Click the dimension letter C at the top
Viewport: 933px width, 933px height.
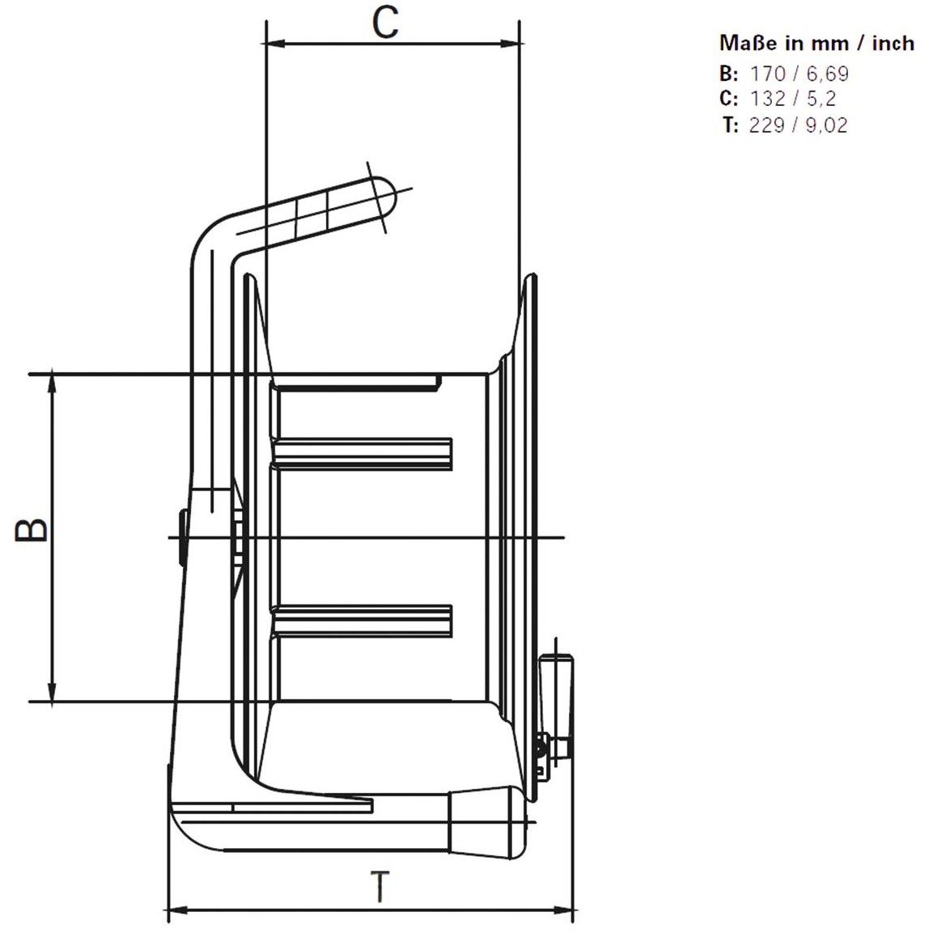pos(385,23)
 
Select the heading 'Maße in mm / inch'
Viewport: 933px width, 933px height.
pos(816,44)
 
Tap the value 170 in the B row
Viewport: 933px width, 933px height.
pos(768,74)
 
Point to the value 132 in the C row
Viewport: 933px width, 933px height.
pos(768,98)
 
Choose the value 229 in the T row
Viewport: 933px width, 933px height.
pos(768,125)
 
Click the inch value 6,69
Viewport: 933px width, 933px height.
pos(828,74)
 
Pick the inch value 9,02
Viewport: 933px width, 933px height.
pos(827,125)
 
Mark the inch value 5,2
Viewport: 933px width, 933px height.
pos(821,98)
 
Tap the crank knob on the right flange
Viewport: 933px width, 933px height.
pos(557,707)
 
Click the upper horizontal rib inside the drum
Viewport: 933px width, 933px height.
pos(362,453)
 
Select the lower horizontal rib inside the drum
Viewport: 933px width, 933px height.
pos(362,621)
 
